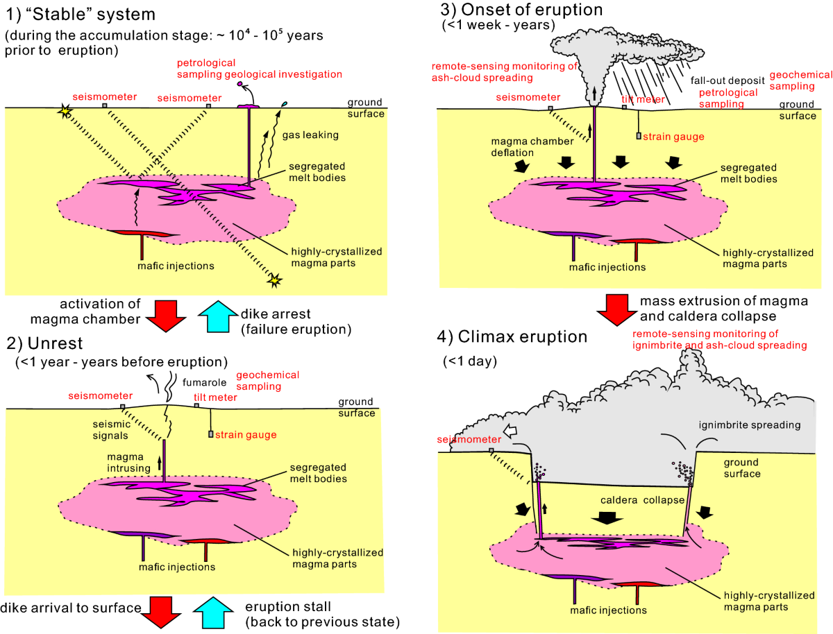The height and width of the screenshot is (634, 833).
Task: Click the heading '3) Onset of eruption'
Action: [521, 10]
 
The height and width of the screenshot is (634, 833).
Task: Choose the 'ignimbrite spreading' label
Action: [750, 425]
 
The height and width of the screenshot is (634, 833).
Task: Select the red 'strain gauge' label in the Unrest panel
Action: [246, 435]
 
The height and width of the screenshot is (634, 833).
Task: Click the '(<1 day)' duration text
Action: [466, 361]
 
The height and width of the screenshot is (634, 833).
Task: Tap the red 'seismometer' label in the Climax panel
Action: [469, 440]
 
